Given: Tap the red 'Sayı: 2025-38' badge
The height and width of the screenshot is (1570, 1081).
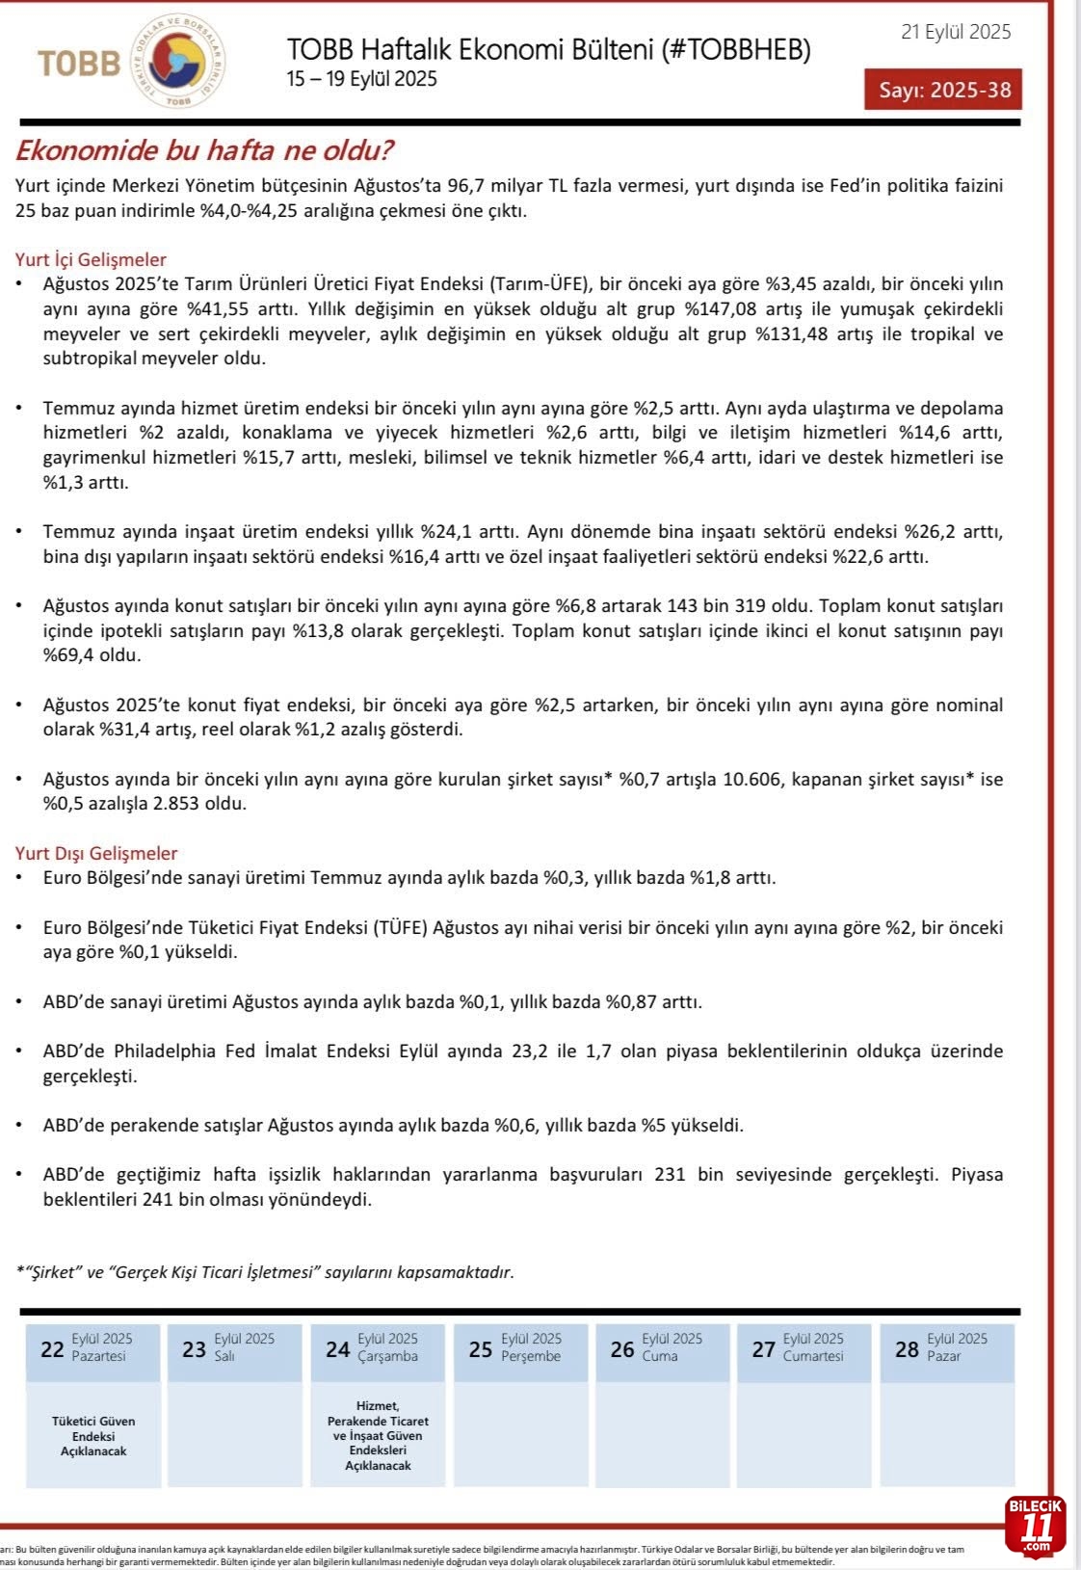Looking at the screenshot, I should tap(944, 90).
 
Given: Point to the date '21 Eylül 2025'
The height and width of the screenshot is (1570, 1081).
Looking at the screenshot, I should tap(956, 32).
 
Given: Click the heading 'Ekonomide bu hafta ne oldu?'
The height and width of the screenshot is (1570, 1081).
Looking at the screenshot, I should tap(204, 150).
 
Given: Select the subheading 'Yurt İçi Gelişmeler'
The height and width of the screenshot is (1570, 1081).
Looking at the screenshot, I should tap(91, 259).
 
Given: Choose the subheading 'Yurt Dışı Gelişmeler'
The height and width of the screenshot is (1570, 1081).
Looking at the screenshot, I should tap(96, 853).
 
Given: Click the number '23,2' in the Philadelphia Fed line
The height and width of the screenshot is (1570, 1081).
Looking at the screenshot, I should tap(530, 1051).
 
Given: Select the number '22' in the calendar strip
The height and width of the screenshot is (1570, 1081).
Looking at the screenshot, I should tap(52, 1349).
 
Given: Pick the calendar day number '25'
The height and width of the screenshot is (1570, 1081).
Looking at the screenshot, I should tap(481, 1349).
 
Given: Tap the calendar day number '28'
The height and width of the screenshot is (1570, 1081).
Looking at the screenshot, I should tap(907, 1349).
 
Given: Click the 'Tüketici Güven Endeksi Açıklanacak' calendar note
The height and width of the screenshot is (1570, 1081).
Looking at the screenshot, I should tap(93, 1436).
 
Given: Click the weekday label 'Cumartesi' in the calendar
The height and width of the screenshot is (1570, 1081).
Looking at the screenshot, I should tap(813, 1356).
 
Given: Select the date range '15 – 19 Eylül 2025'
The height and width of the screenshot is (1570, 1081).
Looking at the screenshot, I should tap(362, 79).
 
